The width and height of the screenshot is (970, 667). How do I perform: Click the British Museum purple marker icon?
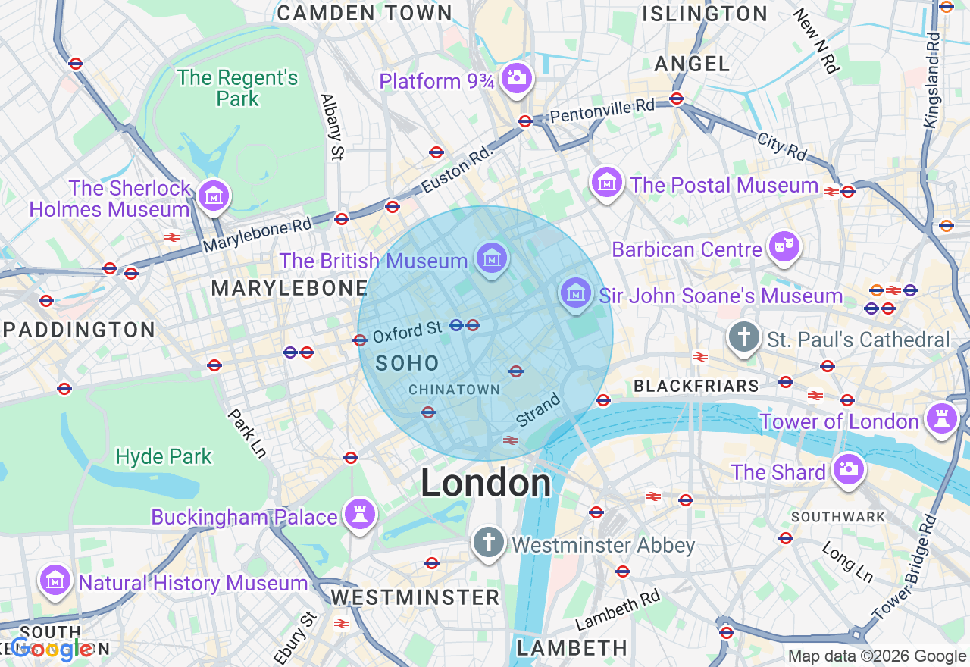492,258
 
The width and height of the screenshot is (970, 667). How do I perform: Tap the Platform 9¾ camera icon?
517,78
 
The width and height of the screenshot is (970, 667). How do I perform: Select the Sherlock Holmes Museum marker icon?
214,196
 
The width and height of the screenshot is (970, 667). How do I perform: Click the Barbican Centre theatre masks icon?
784,247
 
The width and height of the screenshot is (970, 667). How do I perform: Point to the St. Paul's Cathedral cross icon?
744,337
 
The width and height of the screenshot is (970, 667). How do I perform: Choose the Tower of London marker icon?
941,419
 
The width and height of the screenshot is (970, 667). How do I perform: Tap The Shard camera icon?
848,470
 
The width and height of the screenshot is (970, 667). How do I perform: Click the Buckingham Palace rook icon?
360,515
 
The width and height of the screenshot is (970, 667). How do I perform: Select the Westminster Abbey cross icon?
489,543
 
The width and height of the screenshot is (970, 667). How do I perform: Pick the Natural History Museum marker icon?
55,581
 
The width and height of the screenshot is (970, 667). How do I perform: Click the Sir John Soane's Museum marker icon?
576,293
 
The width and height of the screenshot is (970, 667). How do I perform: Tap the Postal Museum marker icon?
607,183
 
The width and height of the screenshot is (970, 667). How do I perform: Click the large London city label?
486,484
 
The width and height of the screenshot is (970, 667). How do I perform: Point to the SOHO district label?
408,364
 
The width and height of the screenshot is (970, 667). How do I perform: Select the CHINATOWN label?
455,390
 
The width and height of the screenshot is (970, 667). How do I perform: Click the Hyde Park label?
164,457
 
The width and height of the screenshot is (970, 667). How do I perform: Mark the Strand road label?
538,409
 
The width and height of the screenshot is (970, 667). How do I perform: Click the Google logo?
52,650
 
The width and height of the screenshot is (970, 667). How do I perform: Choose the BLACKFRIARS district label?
696,386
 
